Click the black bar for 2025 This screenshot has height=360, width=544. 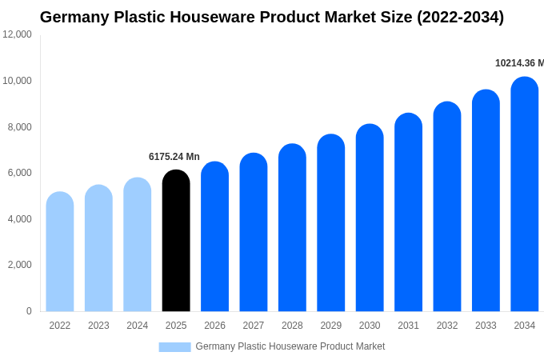(x=176, y=241)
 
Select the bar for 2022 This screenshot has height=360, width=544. (x=60, y=252)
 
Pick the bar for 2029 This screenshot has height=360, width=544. (x=331, y=223)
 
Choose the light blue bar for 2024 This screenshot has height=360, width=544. (x=138, y=245)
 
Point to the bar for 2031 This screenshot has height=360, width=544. (x=409, y=213)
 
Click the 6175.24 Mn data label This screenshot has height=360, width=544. (x=174, y=157)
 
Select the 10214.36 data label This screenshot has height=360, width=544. (x=518, y=63)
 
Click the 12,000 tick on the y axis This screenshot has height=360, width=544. (x=17, y=34)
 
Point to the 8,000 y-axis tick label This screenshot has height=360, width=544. (x=19, y=127)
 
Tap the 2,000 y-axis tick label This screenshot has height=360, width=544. (x=19, y=265)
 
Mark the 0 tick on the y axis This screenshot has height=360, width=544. (x=29, y=311)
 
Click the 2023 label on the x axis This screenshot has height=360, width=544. (x=98, y=326)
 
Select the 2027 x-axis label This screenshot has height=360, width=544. (x=254, y=326)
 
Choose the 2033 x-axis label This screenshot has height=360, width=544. (x=486, y=326)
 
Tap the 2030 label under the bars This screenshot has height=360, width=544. (x=370, y=326)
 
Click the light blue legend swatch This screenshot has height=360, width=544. (x=174, y=347)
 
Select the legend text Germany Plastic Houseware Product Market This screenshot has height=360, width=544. (x=290, y=346)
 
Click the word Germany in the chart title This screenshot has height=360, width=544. (x=74, y=17)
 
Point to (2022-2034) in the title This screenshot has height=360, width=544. (x=460, y=17)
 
